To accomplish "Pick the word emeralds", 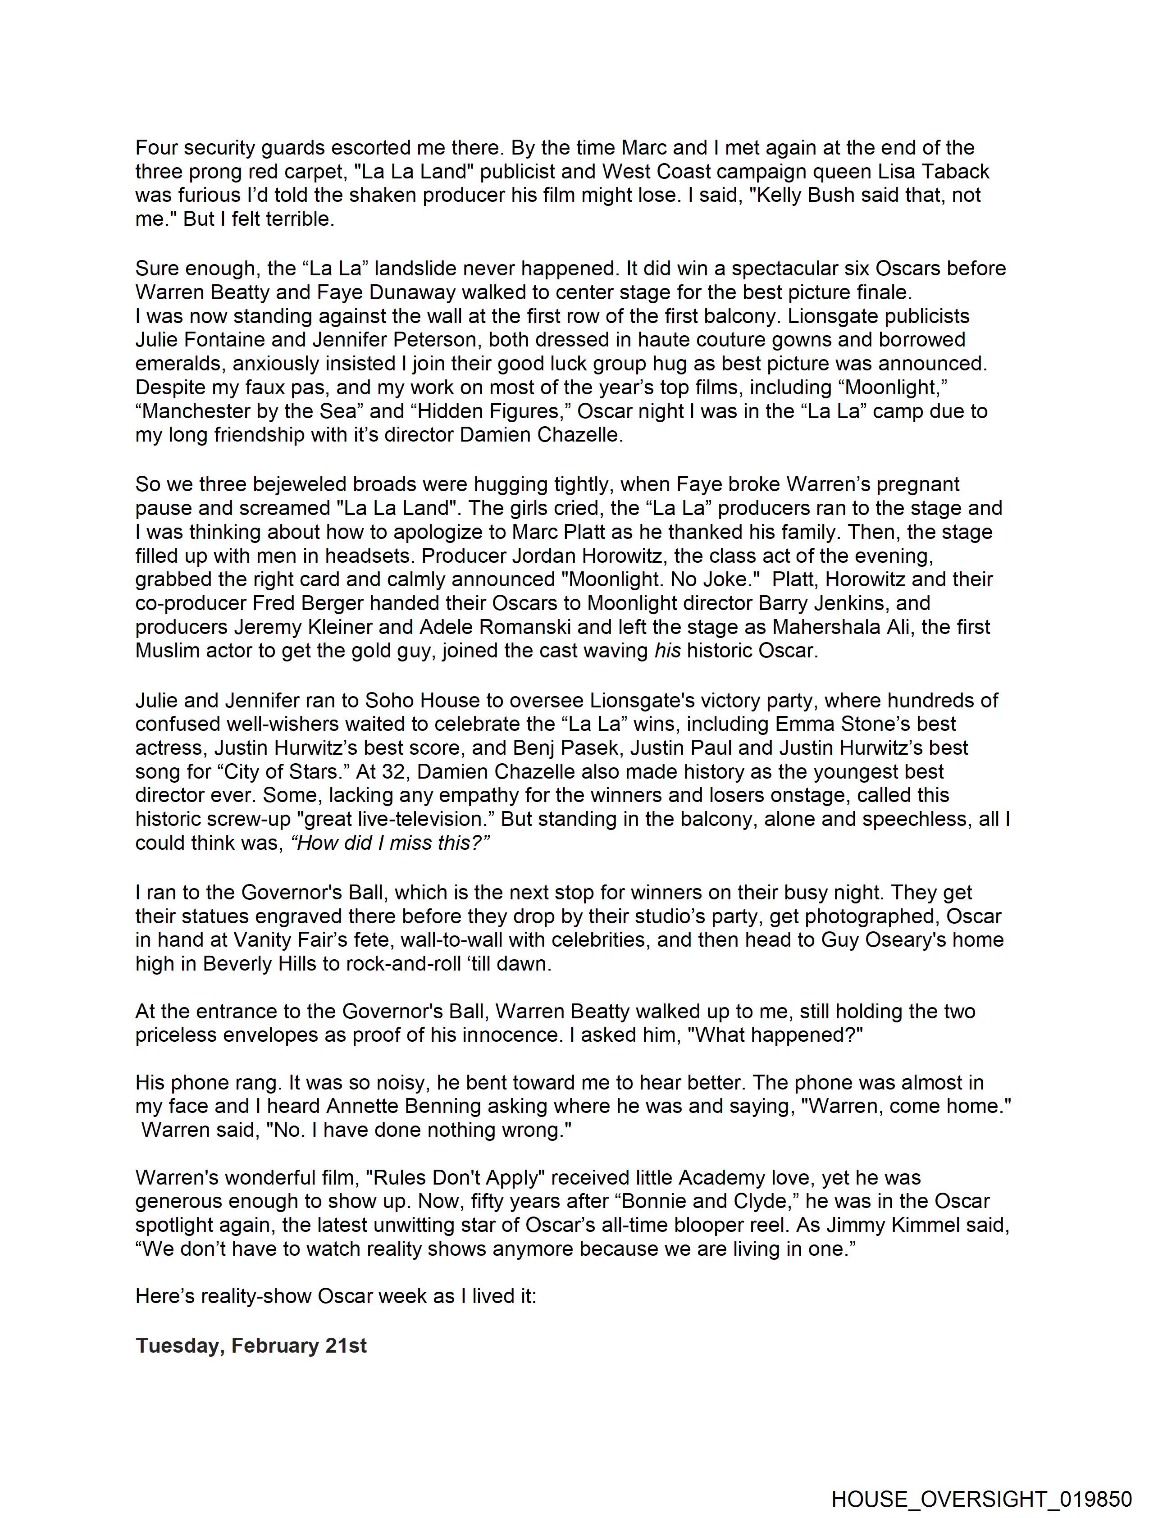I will (x=181, y=364).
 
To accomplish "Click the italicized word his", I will (x=667, y=651).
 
